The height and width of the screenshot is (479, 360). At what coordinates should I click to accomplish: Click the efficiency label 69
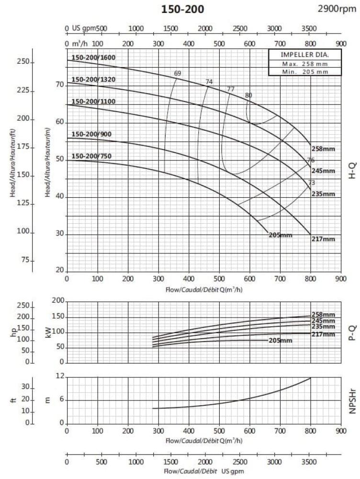[x=178, y=73]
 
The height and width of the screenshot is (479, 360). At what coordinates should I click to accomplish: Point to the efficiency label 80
[x=248, y=95]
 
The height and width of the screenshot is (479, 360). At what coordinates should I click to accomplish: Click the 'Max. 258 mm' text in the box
[x=304, y=64]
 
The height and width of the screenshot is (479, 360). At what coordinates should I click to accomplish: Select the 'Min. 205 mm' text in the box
[x=304, y=72]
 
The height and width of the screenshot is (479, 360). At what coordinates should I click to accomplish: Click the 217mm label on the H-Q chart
[x=323, y=239]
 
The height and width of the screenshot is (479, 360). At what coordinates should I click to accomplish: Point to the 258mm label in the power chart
[x=323, y=315]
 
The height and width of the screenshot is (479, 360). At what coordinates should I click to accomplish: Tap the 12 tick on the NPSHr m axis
[x=60, y=376]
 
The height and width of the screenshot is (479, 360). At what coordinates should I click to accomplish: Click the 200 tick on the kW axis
[x=58, y=301]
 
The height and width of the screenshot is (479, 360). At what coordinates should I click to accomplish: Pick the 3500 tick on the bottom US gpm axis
[x=309, y=462]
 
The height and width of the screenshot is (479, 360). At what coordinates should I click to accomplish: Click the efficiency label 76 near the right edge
[x=311, y=160]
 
